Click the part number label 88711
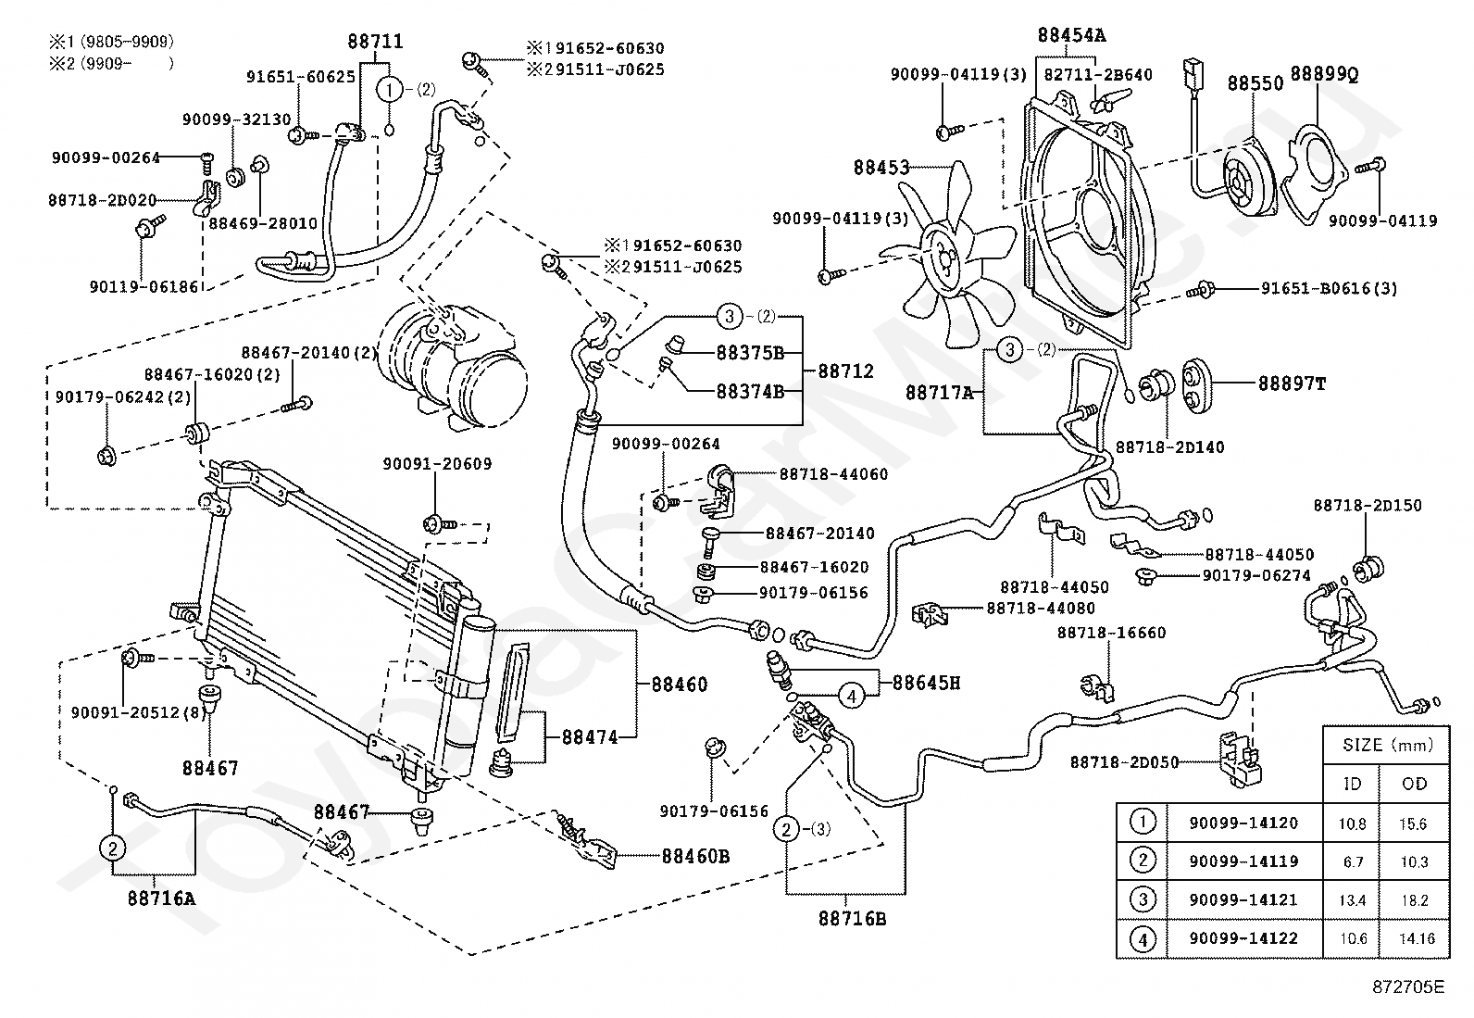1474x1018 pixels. pyautogui.click(x=375, y=42)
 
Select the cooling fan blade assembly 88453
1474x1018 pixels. pyautogui.click(x=946, y=257)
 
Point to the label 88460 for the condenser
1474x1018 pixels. pyautogui.click(x=679, y=685)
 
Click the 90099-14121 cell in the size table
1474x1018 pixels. pyautogui.click(x=1243, y=899)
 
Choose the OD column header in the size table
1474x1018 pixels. pyautogui.click(x=1414, y=784)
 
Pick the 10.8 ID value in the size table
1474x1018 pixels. pyautogui.click(x=1353, y=823)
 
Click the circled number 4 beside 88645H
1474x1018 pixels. pyautogui.click(x=852, y=696)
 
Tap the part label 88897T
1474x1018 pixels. pyautogui.click(x=1292, y=383)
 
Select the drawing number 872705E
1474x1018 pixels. pyautogui.click(x=1408, y=987)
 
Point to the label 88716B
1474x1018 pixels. pyautogui.click(x=852, y=919)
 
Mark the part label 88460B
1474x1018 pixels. pyautogui.click(x=695, y=856)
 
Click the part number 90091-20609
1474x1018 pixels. pyautogui.click(x=437, y=464)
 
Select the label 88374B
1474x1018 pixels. pyautogui.click(x=750, y=392)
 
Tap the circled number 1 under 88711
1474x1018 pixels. pyautogui.click(x=390, y=90)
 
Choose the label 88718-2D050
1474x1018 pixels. pyautogui.click(x=1124, y=762)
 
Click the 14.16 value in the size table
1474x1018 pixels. pyautogui.click(x=1417, y=938)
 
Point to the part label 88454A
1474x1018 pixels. pyautogui.click(x=1071, y=35)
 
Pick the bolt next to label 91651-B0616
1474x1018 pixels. pyautogui.click(x=1200, y=290)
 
